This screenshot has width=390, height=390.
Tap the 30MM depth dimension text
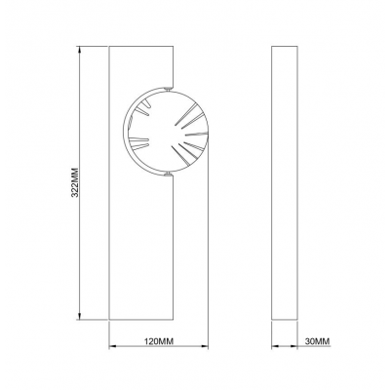(318, 342)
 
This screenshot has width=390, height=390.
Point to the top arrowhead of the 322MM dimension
(77, 48)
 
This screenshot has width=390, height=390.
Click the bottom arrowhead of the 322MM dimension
(77, 318)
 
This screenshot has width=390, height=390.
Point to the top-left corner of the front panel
(109, 45)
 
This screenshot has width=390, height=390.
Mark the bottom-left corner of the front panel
(109, 321)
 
